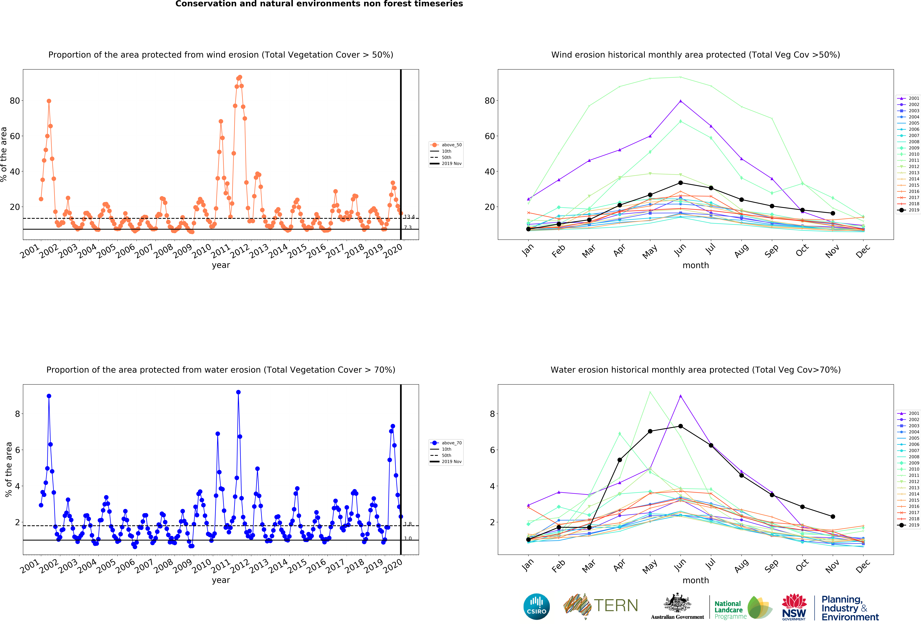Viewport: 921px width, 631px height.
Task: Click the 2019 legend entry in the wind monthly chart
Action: pyautogui.click(x=908, y=210)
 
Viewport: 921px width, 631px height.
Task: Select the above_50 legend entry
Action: pyautogui.click(x=446, y=145)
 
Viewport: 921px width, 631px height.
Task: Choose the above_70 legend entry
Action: pyautogui.click(x=446, y=443)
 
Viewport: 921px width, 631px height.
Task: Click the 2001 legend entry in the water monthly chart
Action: pyautogui.click(x=908, y=413)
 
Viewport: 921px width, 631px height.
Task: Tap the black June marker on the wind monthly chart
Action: pyautogui.click(x=680, y=183)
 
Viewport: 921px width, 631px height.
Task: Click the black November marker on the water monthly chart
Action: pyautogui.click(x=833, y=517)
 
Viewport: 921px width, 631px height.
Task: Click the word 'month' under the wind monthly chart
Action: pyautogui.click(x=695, y=265)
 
